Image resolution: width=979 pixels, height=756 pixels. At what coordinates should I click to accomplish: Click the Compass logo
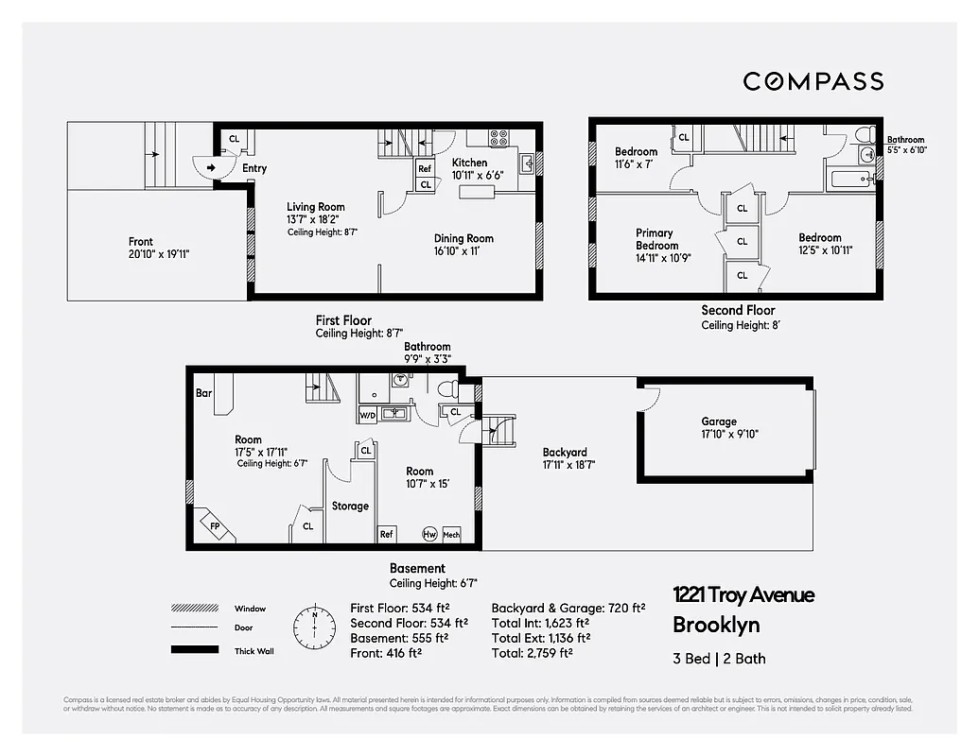coord(813,81)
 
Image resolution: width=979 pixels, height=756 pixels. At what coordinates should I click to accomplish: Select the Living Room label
coord(316,207)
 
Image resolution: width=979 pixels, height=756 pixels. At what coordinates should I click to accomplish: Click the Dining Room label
coord(463,239)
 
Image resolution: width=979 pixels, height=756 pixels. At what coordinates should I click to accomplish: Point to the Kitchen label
coord(469,163)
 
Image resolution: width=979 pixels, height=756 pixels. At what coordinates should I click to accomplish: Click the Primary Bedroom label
coord(655,239)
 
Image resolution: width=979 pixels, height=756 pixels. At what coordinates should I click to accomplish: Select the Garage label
coord(718,421)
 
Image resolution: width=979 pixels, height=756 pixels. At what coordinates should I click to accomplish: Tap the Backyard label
coord(565,452)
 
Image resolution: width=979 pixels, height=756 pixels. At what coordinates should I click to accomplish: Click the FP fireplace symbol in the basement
coord(216,524)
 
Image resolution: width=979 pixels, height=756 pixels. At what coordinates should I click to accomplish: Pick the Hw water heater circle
coord(429,534)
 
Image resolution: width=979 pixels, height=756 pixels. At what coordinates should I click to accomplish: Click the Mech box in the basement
coord(451,534)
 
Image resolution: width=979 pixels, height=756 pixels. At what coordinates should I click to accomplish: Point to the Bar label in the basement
coord(203,392)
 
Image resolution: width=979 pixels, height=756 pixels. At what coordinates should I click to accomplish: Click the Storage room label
coord(350,507)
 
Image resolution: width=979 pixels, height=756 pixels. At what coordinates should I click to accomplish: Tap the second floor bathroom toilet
coord(863,134)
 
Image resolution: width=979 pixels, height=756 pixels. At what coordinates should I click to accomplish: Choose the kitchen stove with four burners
coord(499,138)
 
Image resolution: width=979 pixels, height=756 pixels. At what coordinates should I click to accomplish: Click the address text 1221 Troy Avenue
coord(743,595)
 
